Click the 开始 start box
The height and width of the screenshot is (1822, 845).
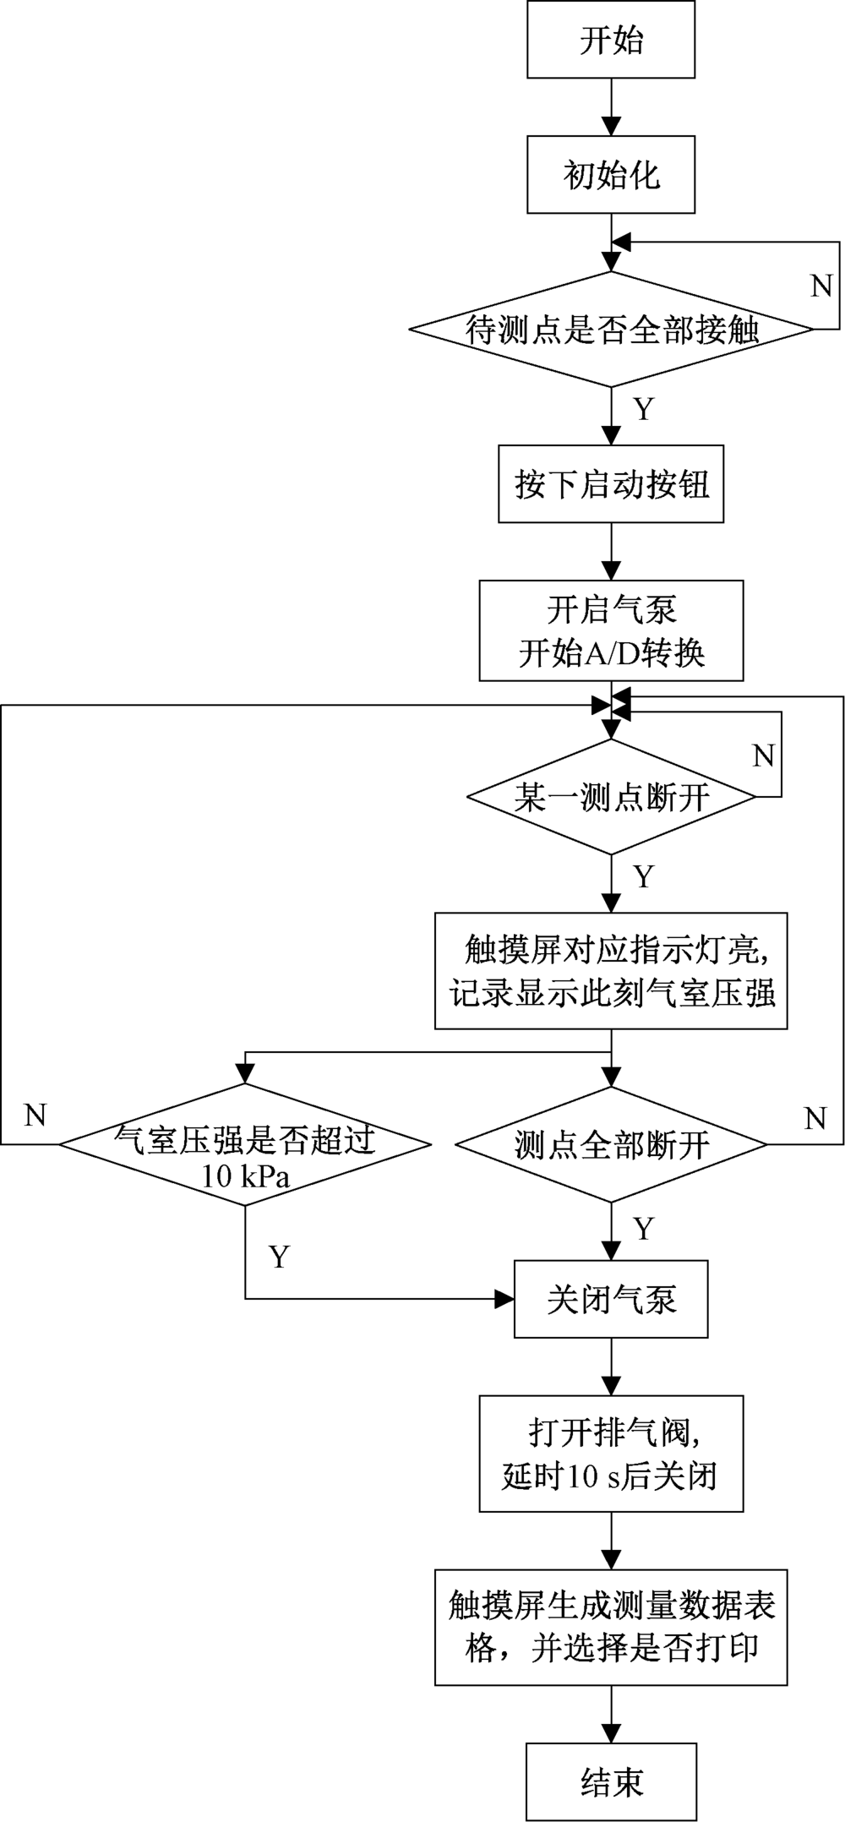tap(611, 40)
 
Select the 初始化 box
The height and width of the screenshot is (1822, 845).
tap(611, 176)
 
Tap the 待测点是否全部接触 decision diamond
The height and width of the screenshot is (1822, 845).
tap(611, 330)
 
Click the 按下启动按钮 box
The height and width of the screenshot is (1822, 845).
tap(611, 484)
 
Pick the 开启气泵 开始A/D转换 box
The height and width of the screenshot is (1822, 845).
tap(611, 630)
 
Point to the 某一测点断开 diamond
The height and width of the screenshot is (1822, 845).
tap(611, 797)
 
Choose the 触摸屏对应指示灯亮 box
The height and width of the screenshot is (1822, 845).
tap(611, 970)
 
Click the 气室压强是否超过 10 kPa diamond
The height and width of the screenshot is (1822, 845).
tap(245, 1145)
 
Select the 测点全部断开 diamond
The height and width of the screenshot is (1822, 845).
tap(611, 1145)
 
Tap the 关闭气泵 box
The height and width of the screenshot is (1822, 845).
tap(611, 1300)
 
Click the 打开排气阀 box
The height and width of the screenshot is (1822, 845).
tap(611, 1454)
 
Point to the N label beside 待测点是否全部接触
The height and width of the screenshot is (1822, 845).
tap(821, 286)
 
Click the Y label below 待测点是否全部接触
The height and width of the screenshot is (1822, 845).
tap(644, 409)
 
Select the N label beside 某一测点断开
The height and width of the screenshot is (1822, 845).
tap(763, 756)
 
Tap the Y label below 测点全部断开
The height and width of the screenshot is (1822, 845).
tap(644, 1229)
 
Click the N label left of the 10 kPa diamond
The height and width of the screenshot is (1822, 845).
tap(35, 1116)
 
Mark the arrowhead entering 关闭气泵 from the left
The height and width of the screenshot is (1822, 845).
tap(504, 1299)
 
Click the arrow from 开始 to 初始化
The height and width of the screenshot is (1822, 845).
tap(611, 108)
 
